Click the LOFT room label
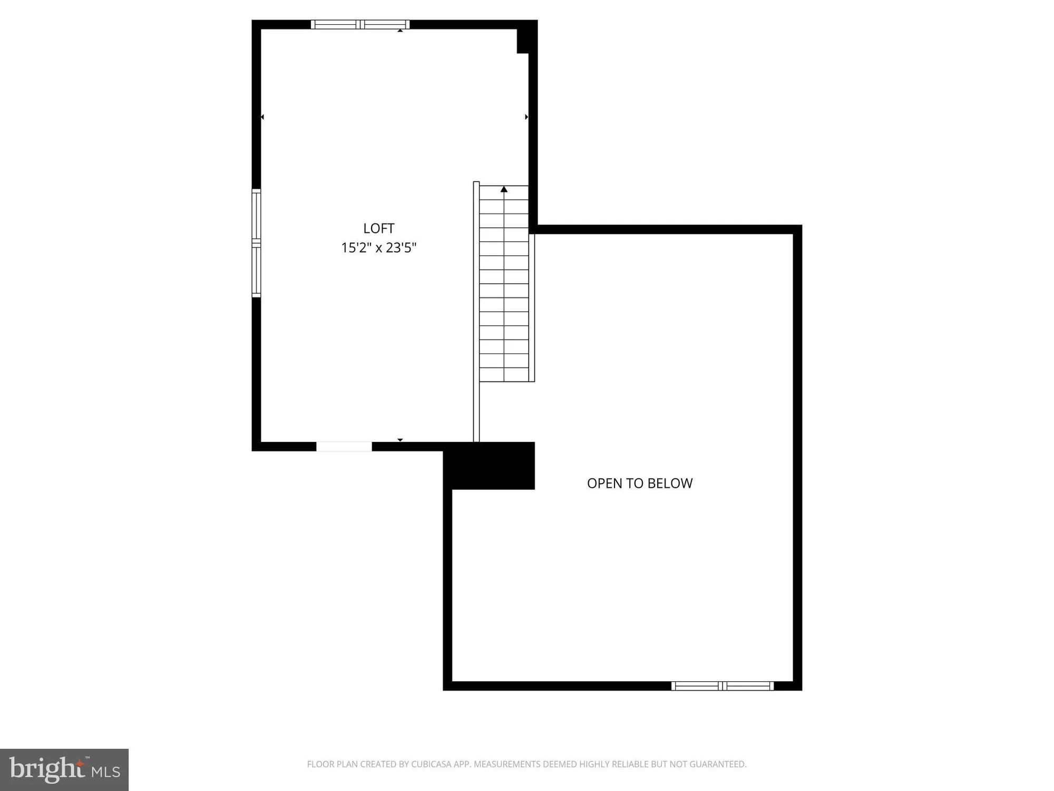click(378, 228)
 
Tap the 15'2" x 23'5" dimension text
click(378, 247)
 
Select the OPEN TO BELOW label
click(639, 483)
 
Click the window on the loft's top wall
click(360, 24)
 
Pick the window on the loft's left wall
click(256, 243)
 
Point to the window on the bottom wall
click(723, 686)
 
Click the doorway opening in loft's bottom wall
click(344, 447)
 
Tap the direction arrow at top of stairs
click(504, 189)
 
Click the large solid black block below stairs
click(489, 466)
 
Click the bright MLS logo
click(64, 769)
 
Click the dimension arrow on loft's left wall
click(262, 117)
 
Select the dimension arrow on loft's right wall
click(526, 117)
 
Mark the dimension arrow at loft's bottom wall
click(400, 440)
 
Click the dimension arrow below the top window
click(400, 31)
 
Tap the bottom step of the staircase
click(504, 375)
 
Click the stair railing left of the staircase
click(476, 311)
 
